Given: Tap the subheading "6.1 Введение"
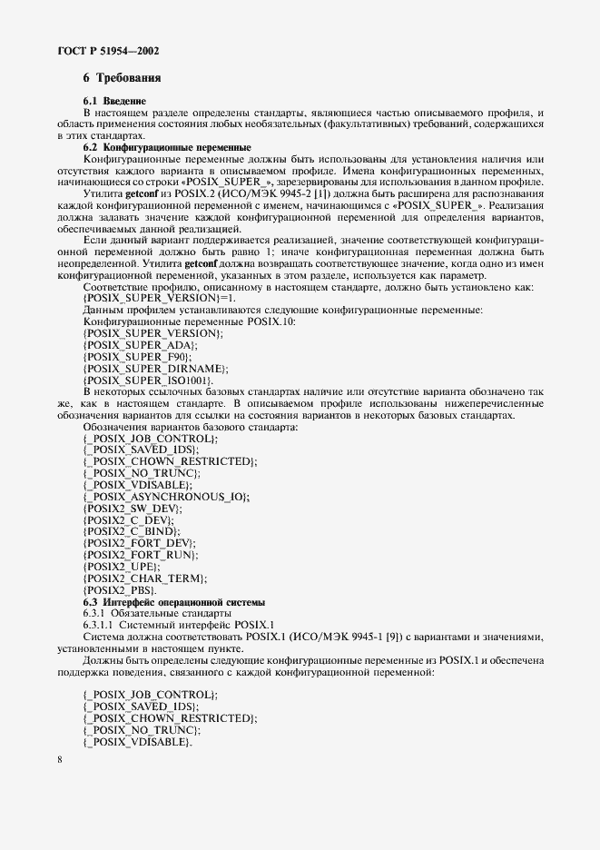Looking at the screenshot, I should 114,99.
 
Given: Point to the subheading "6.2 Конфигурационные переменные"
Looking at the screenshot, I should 167,146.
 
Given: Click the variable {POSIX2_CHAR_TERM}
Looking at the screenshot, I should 143,578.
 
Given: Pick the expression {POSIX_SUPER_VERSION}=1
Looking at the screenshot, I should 159,298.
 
